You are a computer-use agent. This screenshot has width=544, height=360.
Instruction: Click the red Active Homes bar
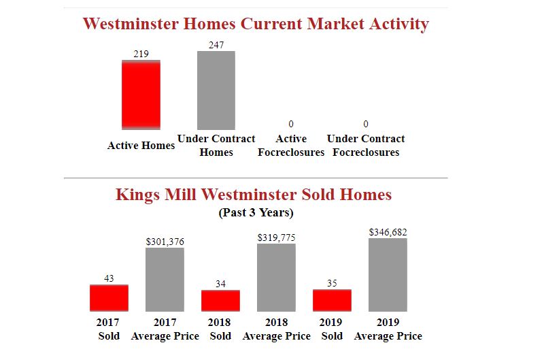141,95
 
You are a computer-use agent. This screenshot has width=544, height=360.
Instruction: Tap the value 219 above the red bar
141,54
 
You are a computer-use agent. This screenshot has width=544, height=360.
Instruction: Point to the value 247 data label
216,44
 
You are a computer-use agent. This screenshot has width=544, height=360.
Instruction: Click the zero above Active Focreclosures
291,124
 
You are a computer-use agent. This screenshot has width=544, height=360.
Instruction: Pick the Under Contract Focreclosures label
366,145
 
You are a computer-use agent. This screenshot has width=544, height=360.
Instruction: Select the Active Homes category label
141,145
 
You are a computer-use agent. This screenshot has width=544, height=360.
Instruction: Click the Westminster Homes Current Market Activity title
256,24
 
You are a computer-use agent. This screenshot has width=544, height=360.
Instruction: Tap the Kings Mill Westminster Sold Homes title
254,195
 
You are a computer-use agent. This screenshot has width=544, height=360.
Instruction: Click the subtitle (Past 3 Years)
256,212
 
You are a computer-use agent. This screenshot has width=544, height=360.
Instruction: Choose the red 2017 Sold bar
109,297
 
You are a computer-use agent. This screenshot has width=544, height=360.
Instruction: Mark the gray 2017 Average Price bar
165,279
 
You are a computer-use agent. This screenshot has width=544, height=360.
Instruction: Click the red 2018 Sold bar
220,300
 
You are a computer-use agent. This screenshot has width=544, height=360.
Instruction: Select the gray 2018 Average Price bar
276,277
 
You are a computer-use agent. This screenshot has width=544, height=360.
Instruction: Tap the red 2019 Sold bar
332,299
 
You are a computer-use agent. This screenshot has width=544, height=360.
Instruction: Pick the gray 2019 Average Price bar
388,274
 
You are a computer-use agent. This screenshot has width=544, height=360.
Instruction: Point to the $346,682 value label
388,232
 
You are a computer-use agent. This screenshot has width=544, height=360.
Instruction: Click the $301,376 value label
165,242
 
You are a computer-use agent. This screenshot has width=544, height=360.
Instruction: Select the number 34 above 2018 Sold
220,284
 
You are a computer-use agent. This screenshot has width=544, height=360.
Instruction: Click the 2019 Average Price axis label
388,329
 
